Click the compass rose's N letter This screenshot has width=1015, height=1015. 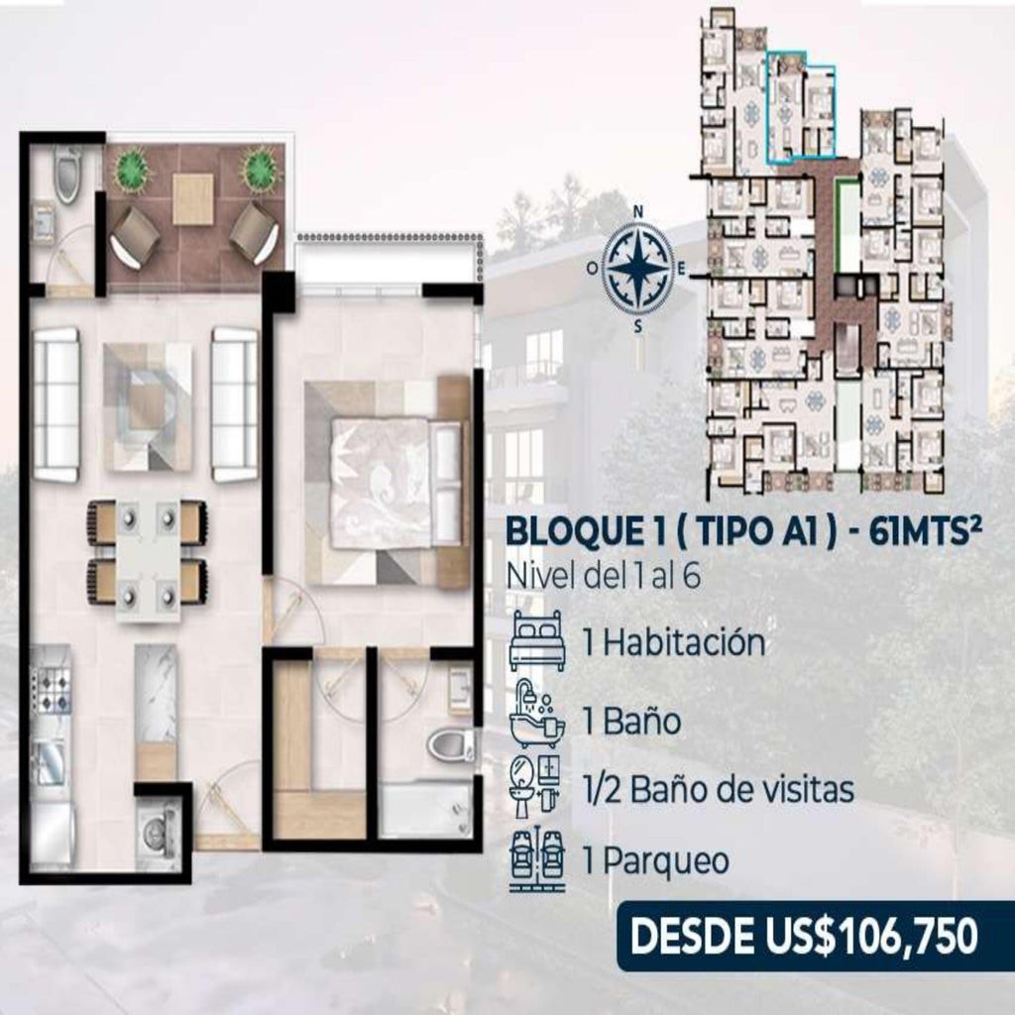click(x=638, y=212)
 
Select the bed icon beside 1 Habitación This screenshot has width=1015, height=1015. click(x=537, y=639)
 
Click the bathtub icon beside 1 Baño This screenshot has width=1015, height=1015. click(x=537, y=716)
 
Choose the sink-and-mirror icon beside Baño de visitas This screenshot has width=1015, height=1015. click(x=537, y=788)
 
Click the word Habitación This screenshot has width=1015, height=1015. click(x=684, y=642)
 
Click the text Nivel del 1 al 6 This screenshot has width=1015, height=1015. click(x=604, y=576)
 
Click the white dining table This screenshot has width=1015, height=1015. click(x=148, y=561)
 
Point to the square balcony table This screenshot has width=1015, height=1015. click(x=193, y=199)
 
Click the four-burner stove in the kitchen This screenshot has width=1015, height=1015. click(x=52, y=691)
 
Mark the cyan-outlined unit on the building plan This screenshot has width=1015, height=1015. click(x=801, y=108)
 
